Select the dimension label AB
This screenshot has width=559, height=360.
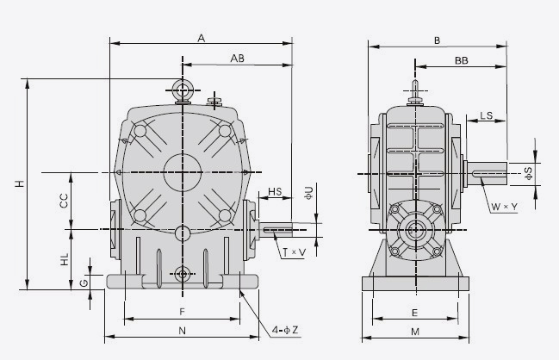[x=239, y=58]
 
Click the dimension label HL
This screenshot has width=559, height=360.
[x=64, y=258]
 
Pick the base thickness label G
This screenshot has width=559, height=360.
[x=84, y=282]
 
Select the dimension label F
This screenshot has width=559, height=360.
[x=182, y=311]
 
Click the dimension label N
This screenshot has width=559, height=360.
[x=182, y=330]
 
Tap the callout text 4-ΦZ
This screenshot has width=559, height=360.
[x=286, y=329]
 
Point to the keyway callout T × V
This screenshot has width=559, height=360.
[x=293, y=251]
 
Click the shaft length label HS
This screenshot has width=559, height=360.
[x=275, y=191]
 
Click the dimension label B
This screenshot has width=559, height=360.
[x=437, y=40]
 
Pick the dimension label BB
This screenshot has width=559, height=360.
[x=461, y=60]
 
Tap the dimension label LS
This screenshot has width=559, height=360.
[x=487, y=115]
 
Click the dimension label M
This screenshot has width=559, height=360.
[x=414, y=332]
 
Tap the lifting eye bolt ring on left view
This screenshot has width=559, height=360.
[x=182, y=89]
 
